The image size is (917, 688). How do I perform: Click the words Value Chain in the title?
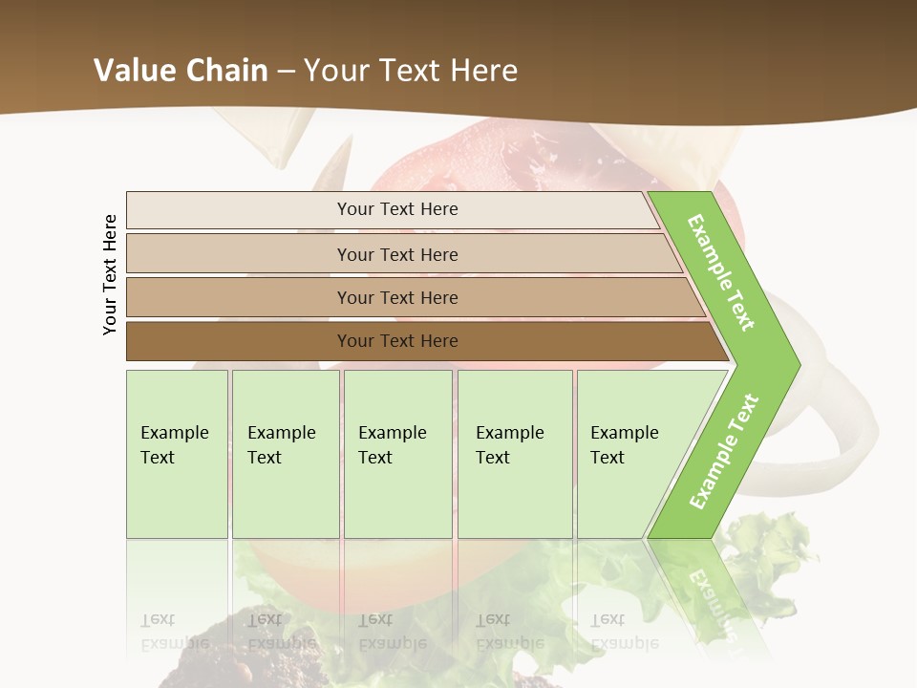pyautogui.click(x=181, y=71)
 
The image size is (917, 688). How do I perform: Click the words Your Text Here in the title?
pyautogui.click(x=411, y=71)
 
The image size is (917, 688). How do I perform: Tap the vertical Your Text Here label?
pyautogui.click(x=110, y=274)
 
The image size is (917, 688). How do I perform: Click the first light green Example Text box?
pyautogui.click(x=177, y=453)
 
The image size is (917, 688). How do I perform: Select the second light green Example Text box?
pyautogui.click(x=285, y=453)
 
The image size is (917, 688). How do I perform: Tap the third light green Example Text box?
pyautogui.click(x=397, y=453)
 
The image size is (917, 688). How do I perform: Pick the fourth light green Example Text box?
pyautogui.click(x=514, y=453)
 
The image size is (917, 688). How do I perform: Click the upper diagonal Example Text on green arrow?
pyautogui.click(x=722, y=272)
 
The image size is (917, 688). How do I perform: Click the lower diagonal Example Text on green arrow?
pyautogui.click(x=724, y=451)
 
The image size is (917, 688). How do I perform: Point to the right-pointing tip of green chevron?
pyautogui.click(x=795, y=364)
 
